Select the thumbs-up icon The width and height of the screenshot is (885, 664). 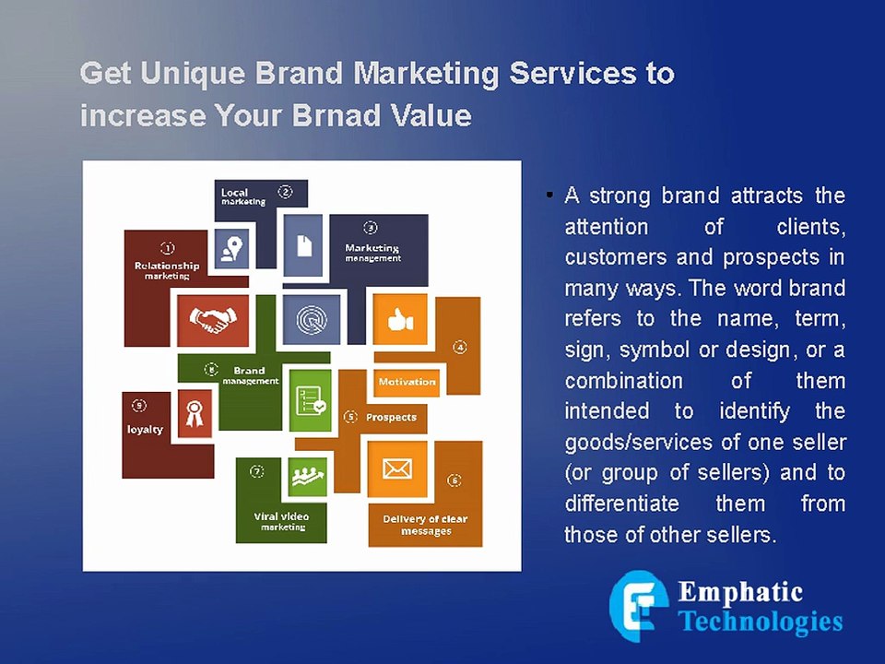(x=400, y=320)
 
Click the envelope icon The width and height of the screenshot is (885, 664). (x=396, y=469)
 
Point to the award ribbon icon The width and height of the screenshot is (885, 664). (x=194, y=412)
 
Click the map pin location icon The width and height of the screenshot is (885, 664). (x=231, y=248)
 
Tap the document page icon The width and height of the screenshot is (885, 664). (x=303, y=245)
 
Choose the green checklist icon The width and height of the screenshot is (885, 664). (x=309, y=398)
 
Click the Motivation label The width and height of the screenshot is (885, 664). (x=407, y=381)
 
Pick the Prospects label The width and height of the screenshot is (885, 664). (x=391, y=417)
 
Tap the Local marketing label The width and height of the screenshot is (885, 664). (x=242, y=196)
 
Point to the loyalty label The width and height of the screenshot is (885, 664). (x=145, y=429)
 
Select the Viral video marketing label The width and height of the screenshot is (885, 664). (x=281, y=521)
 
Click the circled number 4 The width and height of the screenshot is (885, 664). (x=459, y=348)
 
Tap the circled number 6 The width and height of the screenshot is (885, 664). (x=454, y=480)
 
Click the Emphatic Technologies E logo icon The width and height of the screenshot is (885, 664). (x=638, y=606)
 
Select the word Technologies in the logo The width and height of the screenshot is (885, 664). (x=761, y=621)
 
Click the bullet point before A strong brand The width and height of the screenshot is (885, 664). (x=549, y=196)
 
